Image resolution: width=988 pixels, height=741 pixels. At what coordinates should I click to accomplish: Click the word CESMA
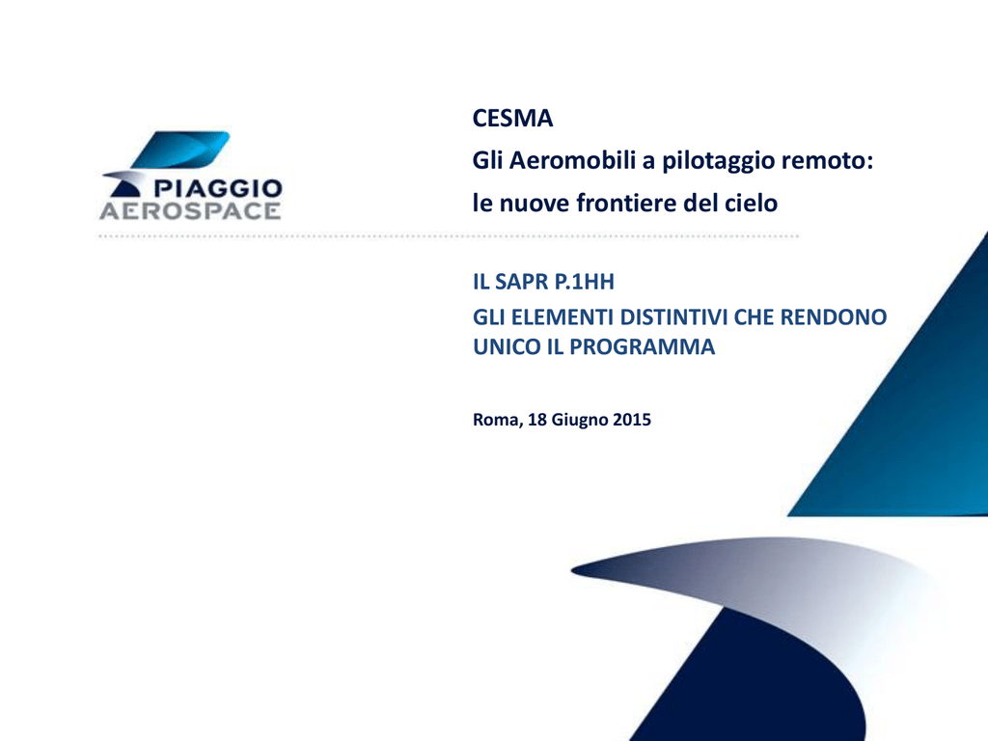pyautogui.click(x=512, y=119)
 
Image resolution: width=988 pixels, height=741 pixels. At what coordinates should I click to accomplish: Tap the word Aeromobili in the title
pyautogui.click(x=573, y=161)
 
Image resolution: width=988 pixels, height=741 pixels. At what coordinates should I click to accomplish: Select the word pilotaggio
pyautogui.click(x=719, y=162)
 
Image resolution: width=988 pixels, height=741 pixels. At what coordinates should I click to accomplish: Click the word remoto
pyautogui.click(x=827, y=161)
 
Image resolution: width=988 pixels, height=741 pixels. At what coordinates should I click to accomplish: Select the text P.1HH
pyautogui.click(x=585, y=282)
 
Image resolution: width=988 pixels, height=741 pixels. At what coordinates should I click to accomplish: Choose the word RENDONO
pyautogui.click(x=834, y=316)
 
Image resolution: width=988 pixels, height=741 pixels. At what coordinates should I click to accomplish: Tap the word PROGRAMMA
pyautogui.click(x=642, y=346)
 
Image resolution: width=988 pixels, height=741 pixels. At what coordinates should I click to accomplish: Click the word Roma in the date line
pyautogui.click(x=498, y=421)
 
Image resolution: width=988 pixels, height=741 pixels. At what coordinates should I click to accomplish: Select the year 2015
pyautogui.click(x=632, y=420)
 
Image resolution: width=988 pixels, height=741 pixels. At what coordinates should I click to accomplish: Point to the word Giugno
pyautogui.click(x=580, y=421)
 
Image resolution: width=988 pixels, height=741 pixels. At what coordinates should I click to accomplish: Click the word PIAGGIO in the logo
pyautogui.click(x=218, y=188)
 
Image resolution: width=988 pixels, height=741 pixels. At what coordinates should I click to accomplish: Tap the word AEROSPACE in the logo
pyautogui.click(x=190, y=211)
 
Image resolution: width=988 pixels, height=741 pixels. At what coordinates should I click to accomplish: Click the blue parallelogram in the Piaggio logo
pyautogui.click(x=180, y=150)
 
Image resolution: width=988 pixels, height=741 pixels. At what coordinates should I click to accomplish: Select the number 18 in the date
pyautogui.click(x=536, y=420)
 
